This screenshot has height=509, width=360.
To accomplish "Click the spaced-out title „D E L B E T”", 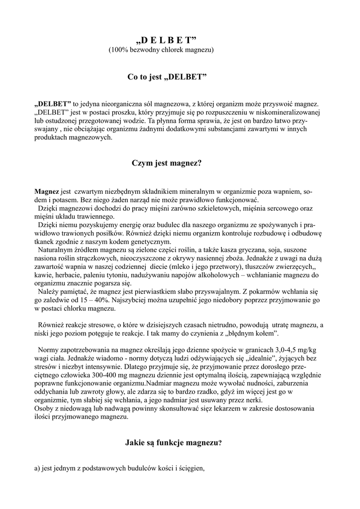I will coord(166,40).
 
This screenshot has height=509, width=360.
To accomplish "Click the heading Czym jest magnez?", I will coord(166,163).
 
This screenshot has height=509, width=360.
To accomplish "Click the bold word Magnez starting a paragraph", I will coord(46,191).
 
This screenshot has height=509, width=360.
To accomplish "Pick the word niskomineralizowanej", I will coord(288,112).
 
